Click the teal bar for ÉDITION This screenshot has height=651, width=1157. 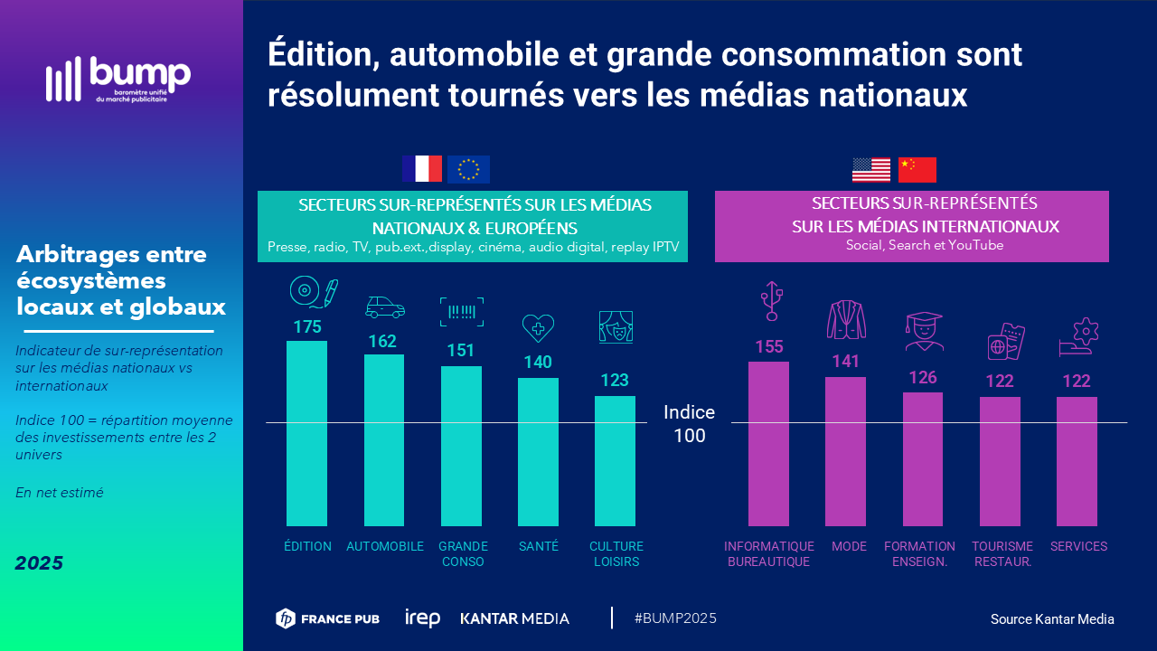coord(306,433)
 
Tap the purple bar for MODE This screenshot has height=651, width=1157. coord(845,451)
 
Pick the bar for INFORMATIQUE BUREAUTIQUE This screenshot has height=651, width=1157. coord(768,443)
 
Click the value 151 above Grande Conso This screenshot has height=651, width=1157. coord(461,350)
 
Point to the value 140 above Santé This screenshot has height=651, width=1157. coord(538,362)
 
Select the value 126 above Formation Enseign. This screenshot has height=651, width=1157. coord(922,377)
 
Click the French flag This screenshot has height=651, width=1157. coord(422,169)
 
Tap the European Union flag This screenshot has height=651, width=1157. coord(468,169)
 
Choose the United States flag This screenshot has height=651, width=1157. coord(871,170)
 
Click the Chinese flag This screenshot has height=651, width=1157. coord(917,170)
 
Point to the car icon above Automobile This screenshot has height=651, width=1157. coord(384,307)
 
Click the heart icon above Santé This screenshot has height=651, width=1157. coord(538,327)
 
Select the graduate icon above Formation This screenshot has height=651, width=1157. coord(924,332)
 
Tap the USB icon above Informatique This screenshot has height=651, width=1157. coord(770,301)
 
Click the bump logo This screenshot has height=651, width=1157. coord(118,80)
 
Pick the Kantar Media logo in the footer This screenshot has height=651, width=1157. coord(515,618)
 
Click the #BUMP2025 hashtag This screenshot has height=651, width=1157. coord(675,618)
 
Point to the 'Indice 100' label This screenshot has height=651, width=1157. coord(689,424)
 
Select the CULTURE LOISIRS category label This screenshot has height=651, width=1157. coord(616,553)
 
